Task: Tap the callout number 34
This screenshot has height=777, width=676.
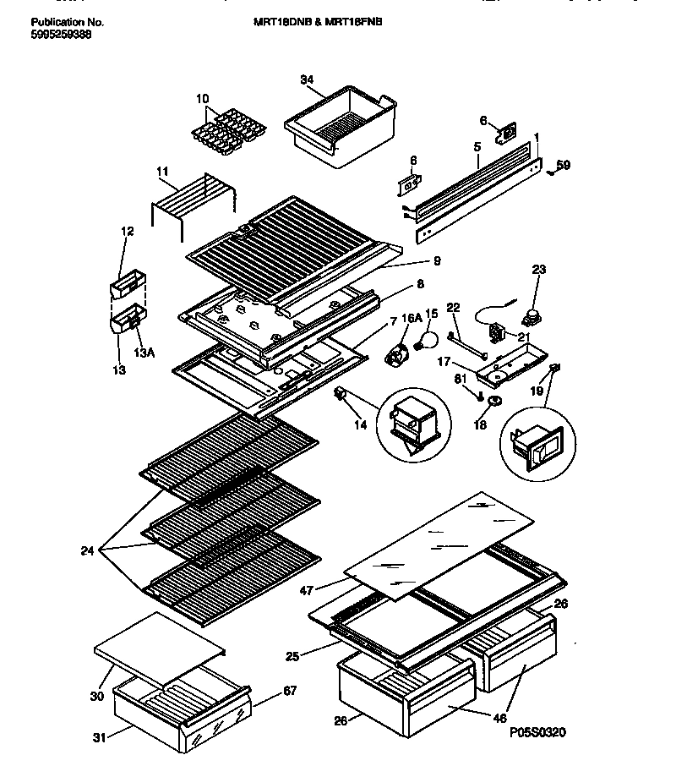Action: [307, 81]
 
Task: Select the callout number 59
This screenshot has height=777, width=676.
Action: [563, 166]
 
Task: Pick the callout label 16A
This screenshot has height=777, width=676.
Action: [411, 319]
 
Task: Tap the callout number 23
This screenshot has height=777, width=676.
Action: [538, 270]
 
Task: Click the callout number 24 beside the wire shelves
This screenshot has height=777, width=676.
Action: [88, 551]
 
